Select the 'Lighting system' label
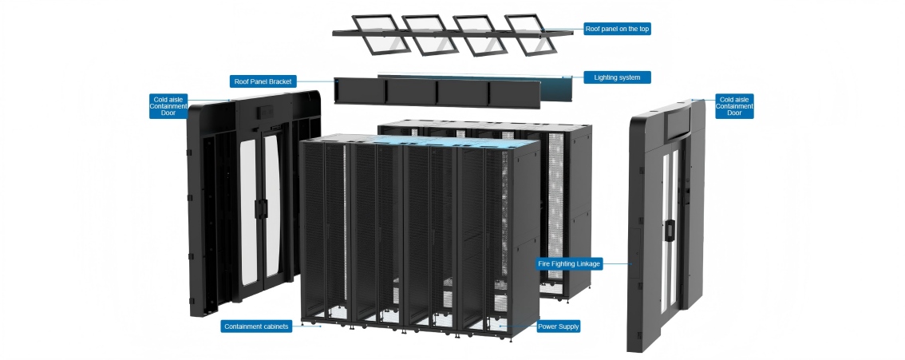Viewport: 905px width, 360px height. (x=617, y=77)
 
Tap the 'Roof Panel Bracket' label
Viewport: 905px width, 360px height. (x=263, y=81)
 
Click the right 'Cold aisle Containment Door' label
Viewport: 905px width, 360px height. (x=734, y=106)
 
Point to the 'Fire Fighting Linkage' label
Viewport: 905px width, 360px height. (x=569, y=263)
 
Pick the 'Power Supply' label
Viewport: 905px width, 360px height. (x=558, y=326)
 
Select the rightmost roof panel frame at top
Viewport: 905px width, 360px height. (x=531, y=34)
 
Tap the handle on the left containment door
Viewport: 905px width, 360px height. (x=259, y=205)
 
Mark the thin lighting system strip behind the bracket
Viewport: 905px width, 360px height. (x=479, y=77)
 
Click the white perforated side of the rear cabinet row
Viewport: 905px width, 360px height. (x=556, y=200)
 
